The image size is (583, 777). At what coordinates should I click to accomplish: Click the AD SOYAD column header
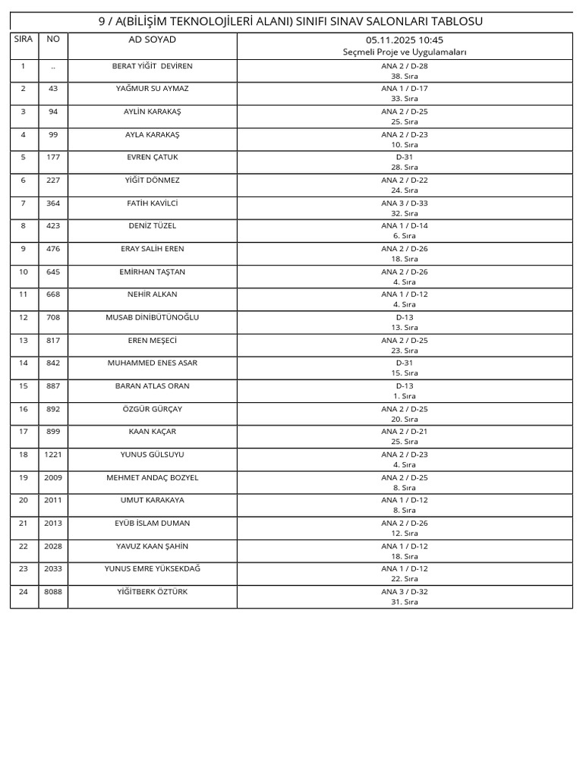click(152, 39)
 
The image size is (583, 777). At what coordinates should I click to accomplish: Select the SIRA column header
click(24, 38)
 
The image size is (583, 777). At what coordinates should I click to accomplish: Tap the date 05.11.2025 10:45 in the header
click(405, 39)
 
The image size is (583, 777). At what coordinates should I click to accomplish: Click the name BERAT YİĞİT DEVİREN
click(152, 66)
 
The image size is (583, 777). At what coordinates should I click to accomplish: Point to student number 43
click(53, 89)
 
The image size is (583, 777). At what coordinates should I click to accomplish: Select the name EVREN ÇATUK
click(152, 157)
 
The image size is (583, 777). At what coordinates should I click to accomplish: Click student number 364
click(53, 203)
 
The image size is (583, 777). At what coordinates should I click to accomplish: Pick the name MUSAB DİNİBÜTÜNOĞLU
click(152, 317)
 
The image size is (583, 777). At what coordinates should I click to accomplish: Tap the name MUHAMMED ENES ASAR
click(152, 363)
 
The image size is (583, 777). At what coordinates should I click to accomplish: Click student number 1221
click(53, 455)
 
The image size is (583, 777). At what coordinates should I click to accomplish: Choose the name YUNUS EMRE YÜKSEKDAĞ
click(152, 568)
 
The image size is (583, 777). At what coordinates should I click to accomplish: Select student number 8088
click(53, 592)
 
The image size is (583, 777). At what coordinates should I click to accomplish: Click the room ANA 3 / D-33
click(405, 203)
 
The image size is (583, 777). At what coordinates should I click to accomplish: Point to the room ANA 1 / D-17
click(405, 89)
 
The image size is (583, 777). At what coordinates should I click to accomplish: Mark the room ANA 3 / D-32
click(405, 592)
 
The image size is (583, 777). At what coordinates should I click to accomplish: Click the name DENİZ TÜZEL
click(152, 226)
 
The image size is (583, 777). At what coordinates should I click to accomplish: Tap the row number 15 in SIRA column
click(24, 386)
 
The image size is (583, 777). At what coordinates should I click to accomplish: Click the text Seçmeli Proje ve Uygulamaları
click(405, 52)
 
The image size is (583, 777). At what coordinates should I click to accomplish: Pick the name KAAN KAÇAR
click(152, 432)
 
